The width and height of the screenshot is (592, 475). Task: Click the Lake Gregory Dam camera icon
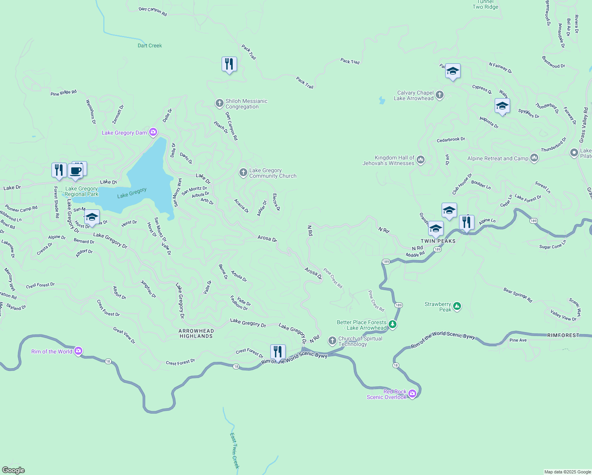click(x=153, y=132)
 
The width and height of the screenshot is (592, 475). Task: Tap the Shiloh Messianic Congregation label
click(x=246, y=104)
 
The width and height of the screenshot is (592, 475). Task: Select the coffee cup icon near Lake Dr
click(x=75, y=171)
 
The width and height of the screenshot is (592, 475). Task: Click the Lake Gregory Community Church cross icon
click(x=243, y=173)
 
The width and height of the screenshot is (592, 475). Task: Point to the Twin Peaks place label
click(x=438, y=241)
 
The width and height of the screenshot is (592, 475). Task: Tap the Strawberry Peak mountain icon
click(x=457, y=306)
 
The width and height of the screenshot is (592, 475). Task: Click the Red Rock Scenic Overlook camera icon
click(x=412, y=393)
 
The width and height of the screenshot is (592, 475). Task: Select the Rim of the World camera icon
click(x=78, y=351)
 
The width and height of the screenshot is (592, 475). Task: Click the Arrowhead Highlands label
click(x=196, y=333)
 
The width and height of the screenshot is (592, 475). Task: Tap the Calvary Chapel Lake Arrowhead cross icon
click(x=440, y=95)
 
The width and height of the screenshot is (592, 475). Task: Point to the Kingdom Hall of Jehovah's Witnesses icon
click(x=420, y=160)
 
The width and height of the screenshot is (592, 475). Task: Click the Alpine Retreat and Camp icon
click(x=534, y=158)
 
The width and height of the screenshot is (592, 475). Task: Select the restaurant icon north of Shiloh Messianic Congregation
click(x=229, y=64)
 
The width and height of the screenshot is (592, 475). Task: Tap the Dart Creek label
click(x=150, y=46)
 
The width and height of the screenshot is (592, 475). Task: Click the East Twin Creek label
click(x=235, y=450)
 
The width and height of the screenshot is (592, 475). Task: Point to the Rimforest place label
click(x=563, y=335)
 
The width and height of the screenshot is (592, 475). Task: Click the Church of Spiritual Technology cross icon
click(x=332, y=340)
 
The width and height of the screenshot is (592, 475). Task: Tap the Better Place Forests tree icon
click(x=392, y=325)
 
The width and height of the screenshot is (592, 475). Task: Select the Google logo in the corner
click(x=13, y=470)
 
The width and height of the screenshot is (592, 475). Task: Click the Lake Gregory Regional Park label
click(x=82, y=191)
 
